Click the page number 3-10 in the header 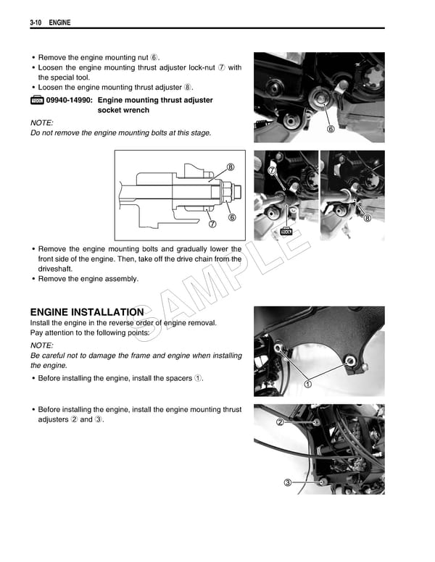38,24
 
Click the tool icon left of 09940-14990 36,100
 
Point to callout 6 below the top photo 331,130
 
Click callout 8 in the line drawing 230,167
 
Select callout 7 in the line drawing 212,224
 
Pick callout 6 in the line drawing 231,217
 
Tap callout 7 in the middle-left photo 273,170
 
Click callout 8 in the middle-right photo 367,217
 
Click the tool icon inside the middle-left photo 286,231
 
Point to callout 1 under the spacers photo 307,384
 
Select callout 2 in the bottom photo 279,421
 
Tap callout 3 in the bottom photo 288,483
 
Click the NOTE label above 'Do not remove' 41,122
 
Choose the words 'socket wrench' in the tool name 123,110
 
